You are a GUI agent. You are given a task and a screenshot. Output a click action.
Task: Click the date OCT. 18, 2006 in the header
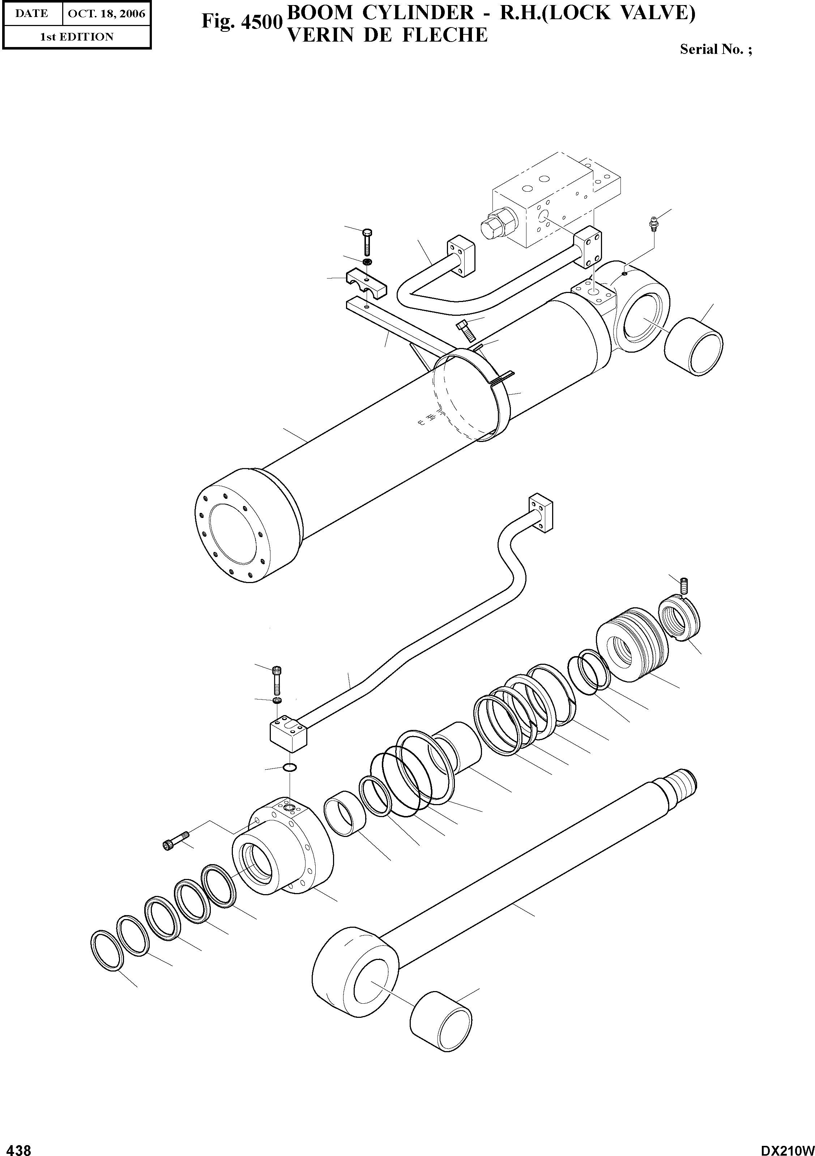point(106,14)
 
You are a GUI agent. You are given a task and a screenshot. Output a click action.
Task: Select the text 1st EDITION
point(77,37)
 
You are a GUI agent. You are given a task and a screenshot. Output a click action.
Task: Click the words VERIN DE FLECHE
point(387,35)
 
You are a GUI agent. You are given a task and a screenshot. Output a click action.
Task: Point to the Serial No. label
point(715,49)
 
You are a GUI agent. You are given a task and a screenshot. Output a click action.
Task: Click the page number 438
point(16,1147)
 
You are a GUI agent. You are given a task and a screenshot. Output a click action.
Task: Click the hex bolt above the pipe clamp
point(367,242)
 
